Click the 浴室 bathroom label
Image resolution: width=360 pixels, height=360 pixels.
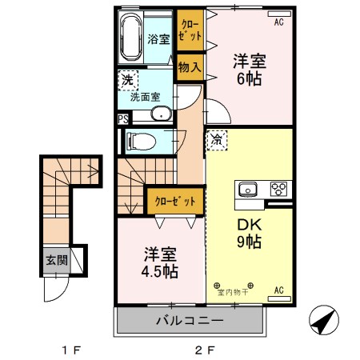click(158, 38)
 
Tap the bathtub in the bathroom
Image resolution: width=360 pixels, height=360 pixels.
click(130, 38)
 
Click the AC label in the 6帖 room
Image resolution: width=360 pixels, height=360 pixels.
click(279, 23)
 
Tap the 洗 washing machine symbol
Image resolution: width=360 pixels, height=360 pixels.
click(126, 80)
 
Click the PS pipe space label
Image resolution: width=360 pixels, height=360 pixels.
click(122, 120)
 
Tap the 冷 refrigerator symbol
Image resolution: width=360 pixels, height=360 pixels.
click(217, 141)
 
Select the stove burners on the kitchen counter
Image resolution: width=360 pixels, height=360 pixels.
click(278, 190)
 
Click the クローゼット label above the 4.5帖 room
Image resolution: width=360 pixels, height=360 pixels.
click(174, 202)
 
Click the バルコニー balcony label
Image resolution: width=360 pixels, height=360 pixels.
click(190, 322)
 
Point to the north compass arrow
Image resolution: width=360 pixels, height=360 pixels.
click(324, 322)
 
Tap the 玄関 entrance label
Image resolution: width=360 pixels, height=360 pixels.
click(55, 260)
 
